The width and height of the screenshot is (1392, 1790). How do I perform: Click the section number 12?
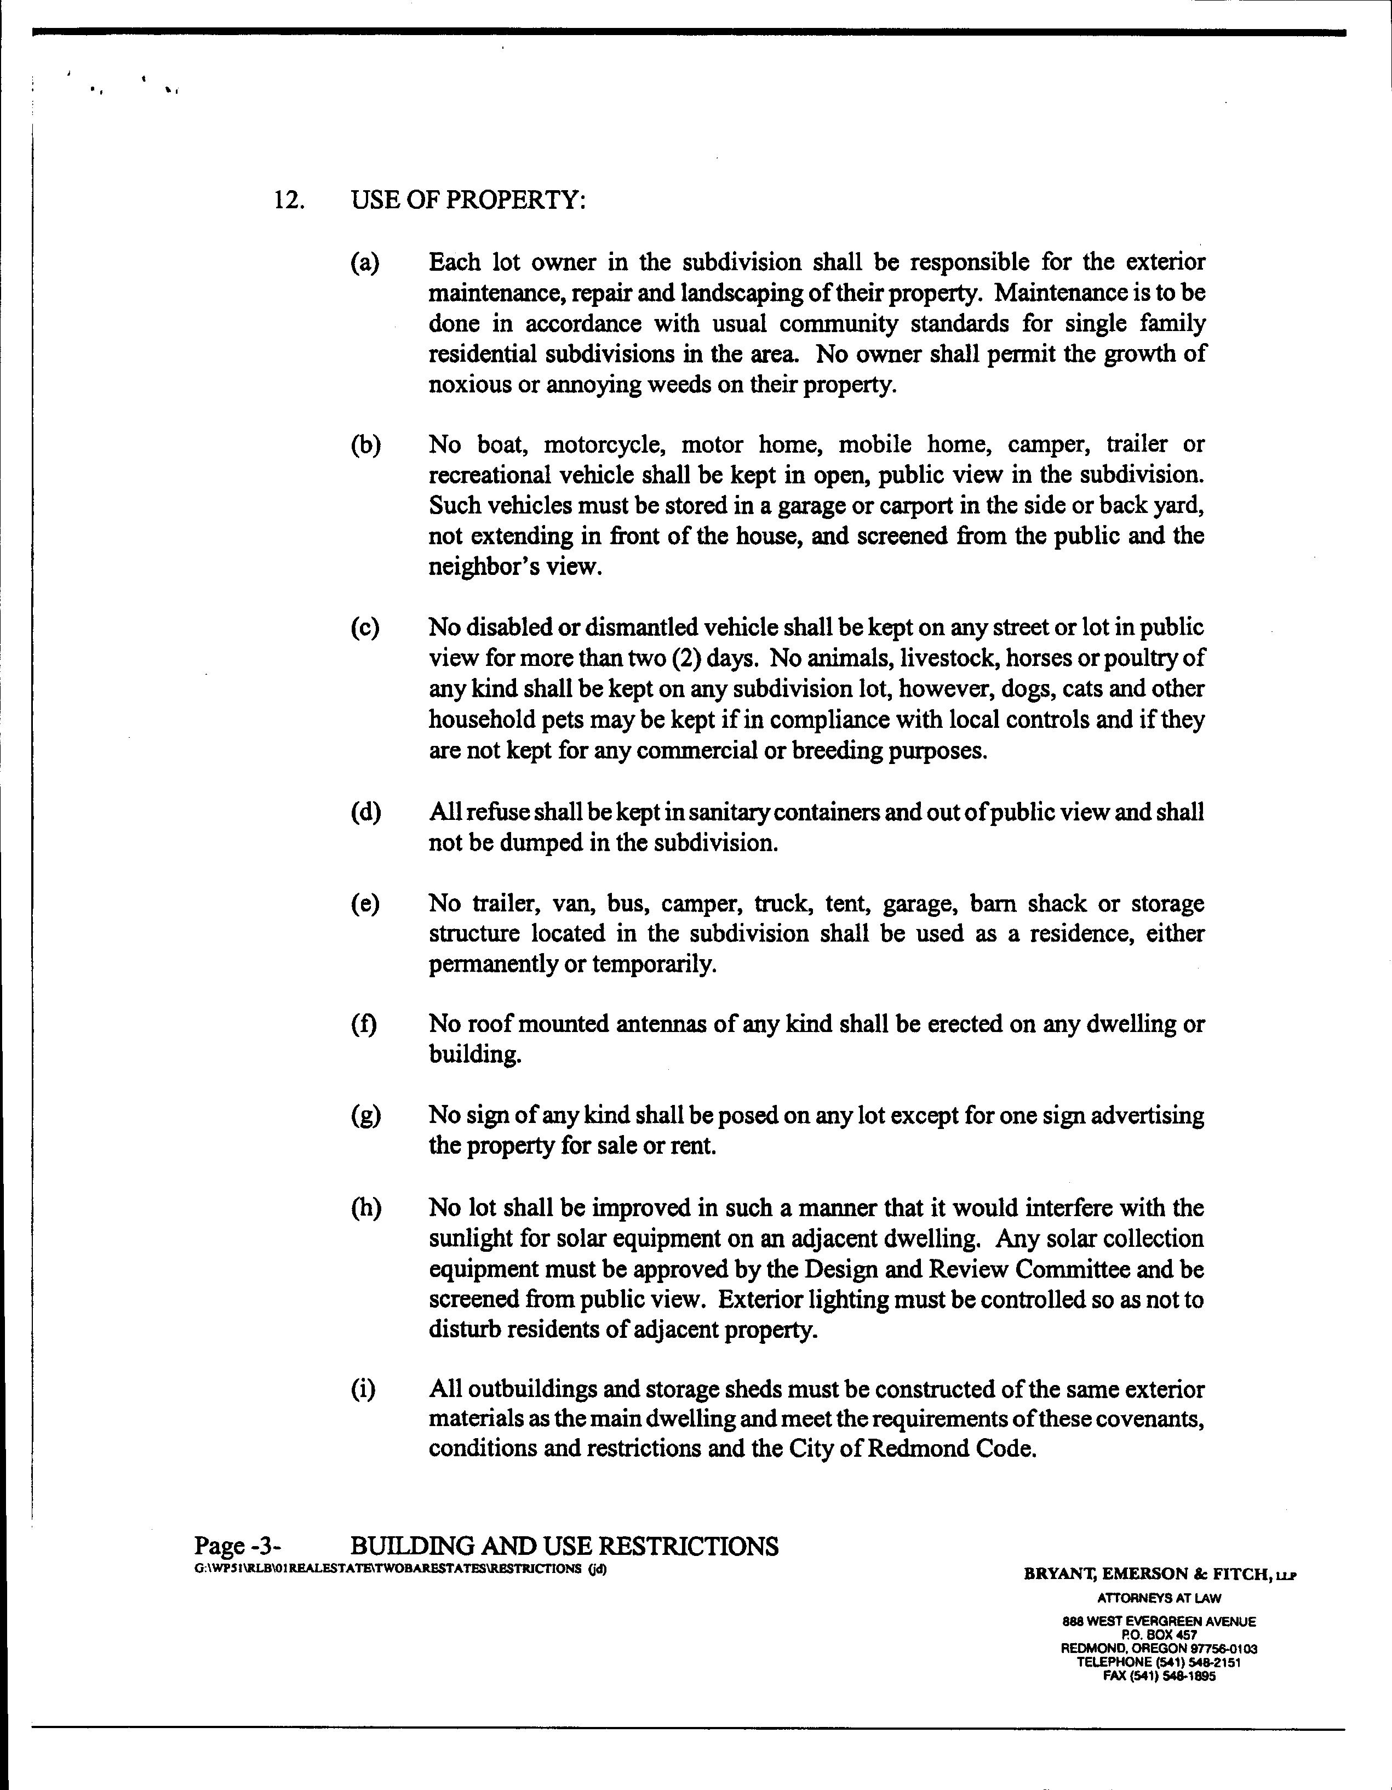pyautogui.click(x=288, y=201)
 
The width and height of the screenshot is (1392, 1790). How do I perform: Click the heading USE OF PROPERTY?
pyautogui.click(x=468, y=201)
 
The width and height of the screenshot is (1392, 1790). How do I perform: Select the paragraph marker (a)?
pyautogui.click(x=365, y=263)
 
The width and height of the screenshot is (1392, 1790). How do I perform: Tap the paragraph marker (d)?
pyautogui.click(x=365, y=813)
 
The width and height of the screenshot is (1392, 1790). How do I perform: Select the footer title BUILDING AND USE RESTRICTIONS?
pyautogui.click(x=564, y=1547)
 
